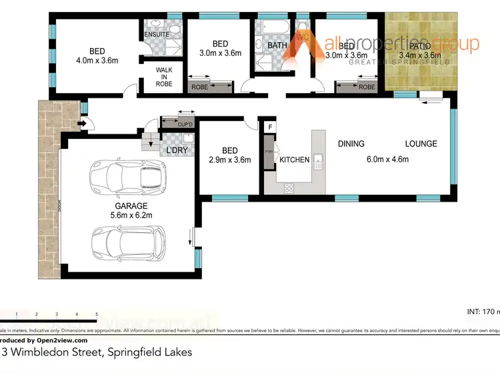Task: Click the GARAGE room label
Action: click(130, 206)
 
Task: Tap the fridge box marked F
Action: click(270, 126)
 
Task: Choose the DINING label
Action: click(351, 144)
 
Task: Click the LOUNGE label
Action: click(421, 144)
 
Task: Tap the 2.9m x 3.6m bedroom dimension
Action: click(229, 160)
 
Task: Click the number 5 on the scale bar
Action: click(97, 313)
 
